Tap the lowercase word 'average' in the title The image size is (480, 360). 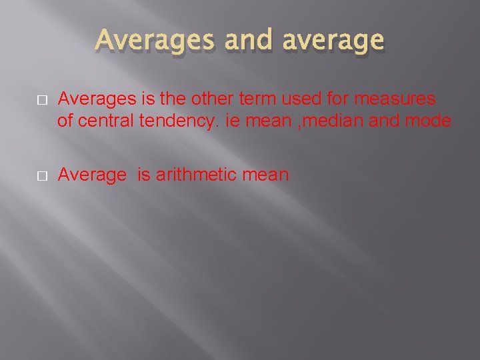point(333,41)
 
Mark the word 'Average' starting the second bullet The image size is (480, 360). point(92,175)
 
